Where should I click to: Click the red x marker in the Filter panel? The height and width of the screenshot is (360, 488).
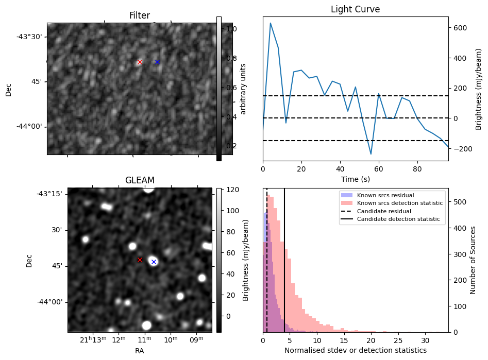click(140, 62)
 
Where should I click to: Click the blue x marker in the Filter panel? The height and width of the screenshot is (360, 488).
click(157, 62)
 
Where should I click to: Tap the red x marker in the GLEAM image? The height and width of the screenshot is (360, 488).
click(140, 260)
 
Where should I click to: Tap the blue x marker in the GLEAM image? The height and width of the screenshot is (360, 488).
click(154, 262)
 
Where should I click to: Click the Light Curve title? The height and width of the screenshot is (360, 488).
click(355, 9)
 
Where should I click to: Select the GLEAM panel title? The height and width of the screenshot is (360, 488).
click(140, 180)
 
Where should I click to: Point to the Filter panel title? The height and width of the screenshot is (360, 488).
click(140, 16)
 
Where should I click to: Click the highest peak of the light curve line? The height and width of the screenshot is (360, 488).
click(271, 23)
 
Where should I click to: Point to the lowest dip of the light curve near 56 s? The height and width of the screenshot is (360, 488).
click(371, 154)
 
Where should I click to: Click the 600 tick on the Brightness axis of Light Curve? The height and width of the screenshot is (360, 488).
click(459, 28)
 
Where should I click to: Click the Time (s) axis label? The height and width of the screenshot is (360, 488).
click(355, 179)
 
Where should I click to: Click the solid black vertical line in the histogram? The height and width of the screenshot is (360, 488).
click(284, 258)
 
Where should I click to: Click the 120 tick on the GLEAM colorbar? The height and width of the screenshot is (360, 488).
click(230, 190)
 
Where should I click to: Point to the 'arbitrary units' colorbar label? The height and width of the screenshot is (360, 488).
click(243, 89)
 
